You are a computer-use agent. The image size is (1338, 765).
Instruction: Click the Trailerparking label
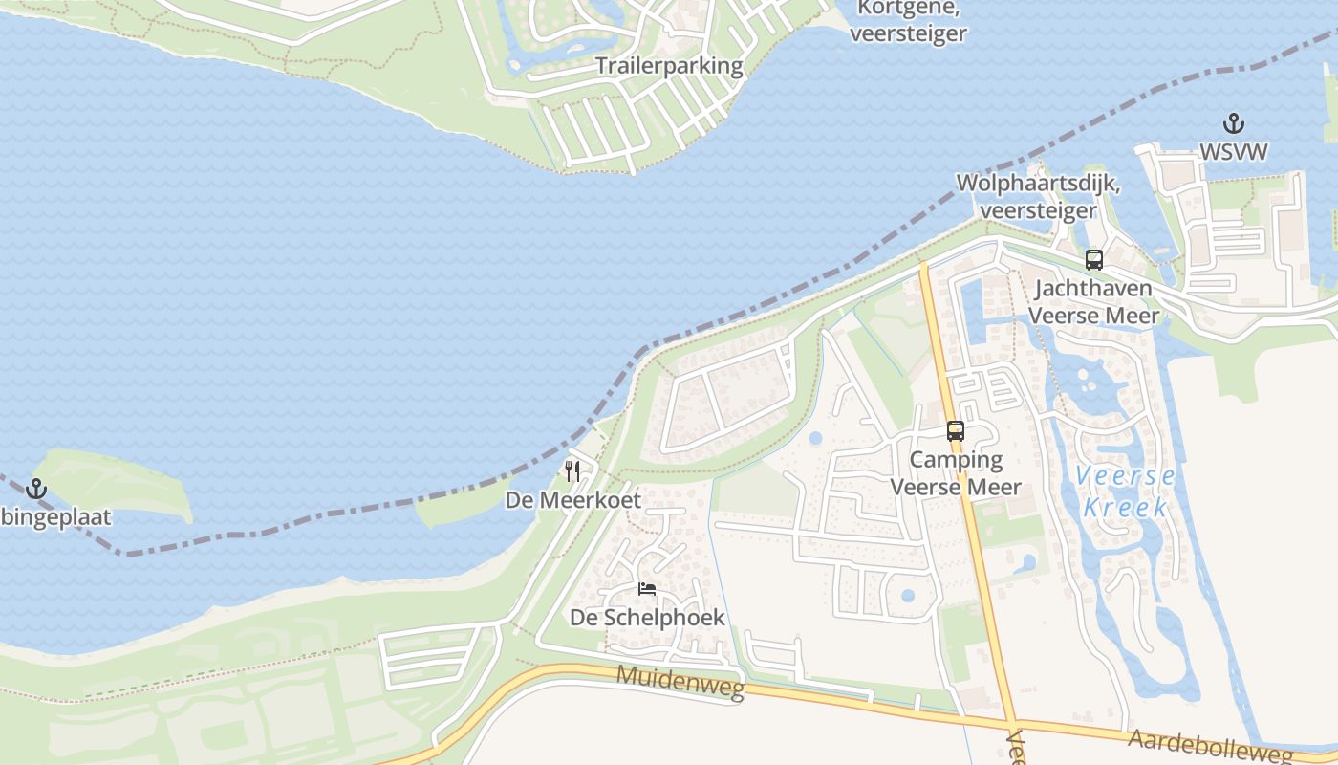click(669, 66)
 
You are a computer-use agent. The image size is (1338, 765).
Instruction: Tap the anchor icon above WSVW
click(1234, 123)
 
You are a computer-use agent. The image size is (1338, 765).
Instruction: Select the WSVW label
click(1234, 152)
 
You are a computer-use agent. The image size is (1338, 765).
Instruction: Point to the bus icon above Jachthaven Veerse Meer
click(1094, 259)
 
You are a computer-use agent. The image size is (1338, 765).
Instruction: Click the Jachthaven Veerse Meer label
click(1094, 301)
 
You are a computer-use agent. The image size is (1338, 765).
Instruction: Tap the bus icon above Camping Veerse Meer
click(956, 430)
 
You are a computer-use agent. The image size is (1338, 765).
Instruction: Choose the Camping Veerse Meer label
click(956, 472)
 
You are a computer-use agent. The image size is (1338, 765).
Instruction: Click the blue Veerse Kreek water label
click(1125, 491)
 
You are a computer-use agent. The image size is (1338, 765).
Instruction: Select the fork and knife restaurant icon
click(572, 470)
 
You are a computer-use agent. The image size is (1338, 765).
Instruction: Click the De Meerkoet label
click(572, 500)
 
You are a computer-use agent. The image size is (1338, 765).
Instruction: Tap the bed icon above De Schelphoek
click(647, 588)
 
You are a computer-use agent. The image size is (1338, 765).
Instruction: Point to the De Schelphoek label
click(647, 618)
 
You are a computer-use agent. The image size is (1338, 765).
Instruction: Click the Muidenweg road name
click(680, 682)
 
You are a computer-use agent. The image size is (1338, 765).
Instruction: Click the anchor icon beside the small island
click(36, 489)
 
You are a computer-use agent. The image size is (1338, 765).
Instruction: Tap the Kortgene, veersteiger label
click(908, 21)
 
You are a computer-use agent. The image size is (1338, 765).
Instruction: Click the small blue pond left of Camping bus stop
click(815, 439)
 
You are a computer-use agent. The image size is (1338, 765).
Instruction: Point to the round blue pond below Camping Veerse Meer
click(907, 596)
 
